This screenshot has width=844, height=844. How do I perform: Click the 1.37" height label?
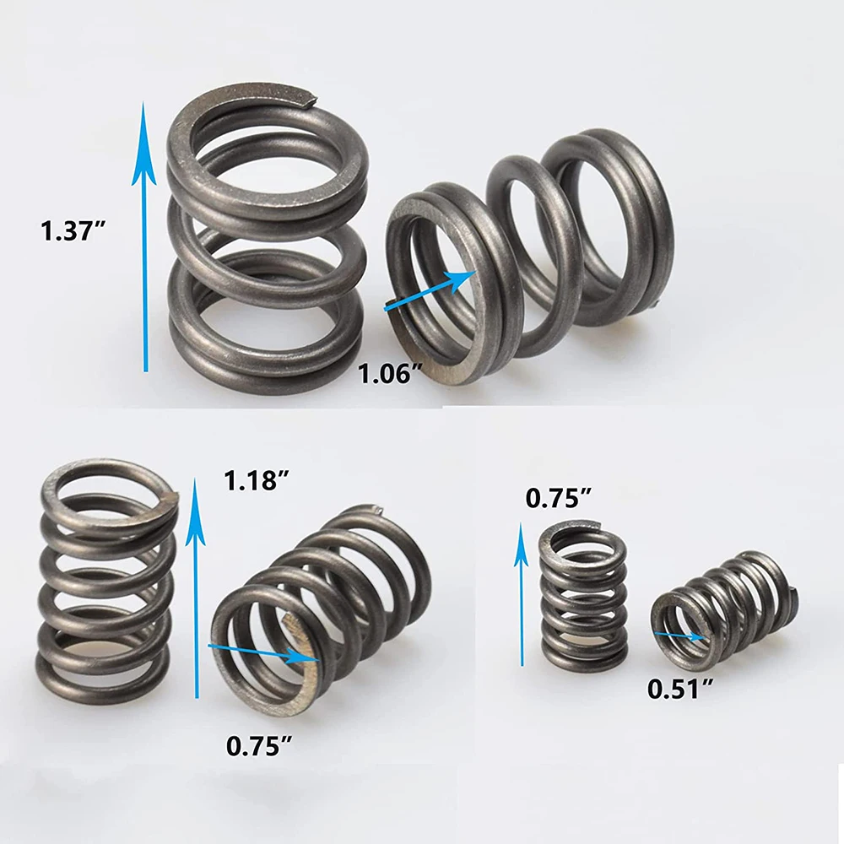click(x=77, y=230)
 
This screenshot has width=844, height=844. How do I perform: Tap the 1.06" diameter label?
click(x=389, y=371)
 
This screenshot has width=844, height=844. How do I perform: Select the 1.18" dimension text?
click(x=257, y=482)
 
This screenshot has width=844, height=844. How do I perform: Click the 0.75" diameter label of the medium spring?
click(x=259, y=745)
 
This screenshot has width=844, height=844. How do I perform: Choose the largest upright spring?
click(x=266, y=245)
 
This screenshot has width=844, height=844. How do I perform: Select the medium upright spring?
click(x=105, y=574)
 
